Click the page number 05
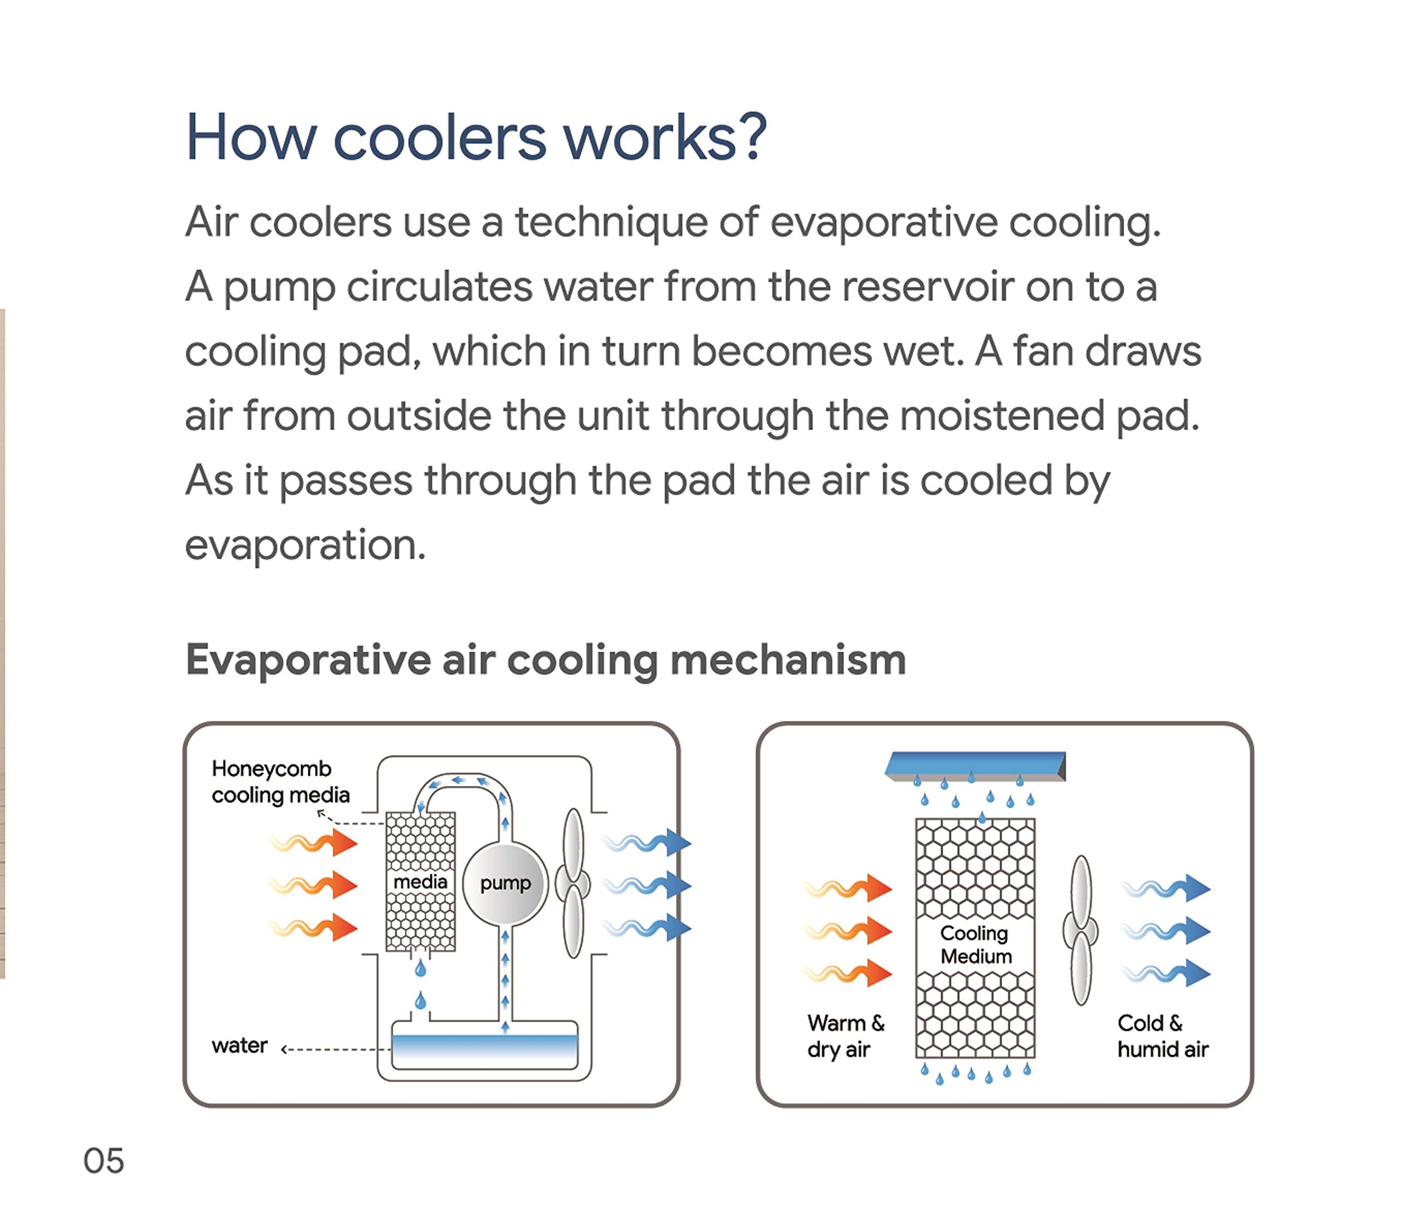click(x=103, y=1161)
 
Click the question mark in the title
click(x=754, y=137)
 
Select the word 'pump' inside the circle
click(x=505, y=883)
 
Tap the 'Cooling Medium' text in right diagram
click(x=975, y=945)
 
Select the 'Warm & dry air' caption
click(x=845, y=1035)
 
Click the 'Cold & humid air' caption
click(x=1162, y=1035)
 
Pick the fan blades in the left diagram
click(x=573, y=883)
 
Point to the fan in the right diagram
click(x=1081, y=930)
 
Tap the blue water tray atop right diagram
click(x=975, y=765)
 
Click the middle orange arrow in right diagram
click(x=848, y=930)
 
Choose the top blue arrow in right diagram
click(x=1166, y=888)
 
